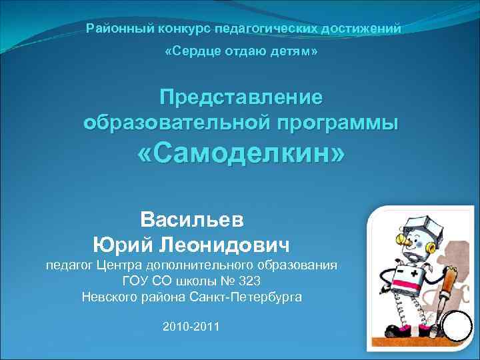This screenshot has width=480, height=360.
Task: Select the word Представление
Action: [x=241, y=97]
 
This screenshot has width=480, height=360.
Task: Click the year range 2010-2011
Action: [x=191, y=326]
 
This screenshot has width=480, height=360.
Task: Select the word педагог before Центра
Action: [x=69, y=265]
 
